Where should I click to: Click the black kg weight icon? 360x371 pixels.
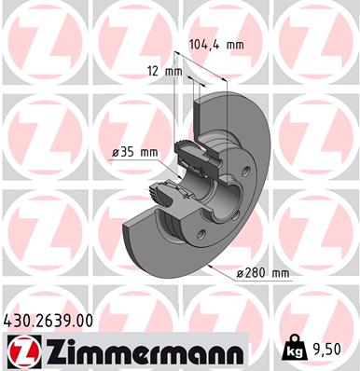click(293, 351)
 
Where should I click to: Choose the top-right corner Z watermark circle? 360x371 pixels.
click(317, 42)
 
